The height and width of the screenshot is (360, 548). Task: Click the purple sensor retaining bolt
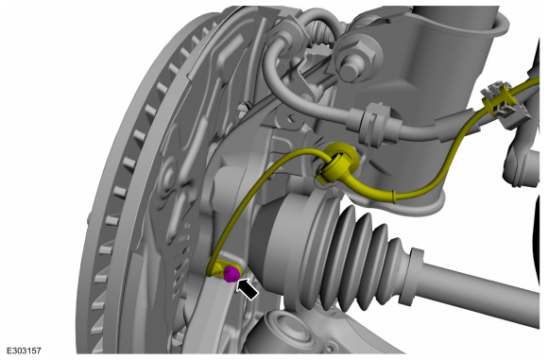(x=231, y=273)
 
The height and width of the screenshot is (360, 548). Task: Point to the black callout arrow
(x=248, y=287)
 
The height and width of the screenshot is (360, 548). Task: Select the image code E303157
(x=24, y=351)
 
